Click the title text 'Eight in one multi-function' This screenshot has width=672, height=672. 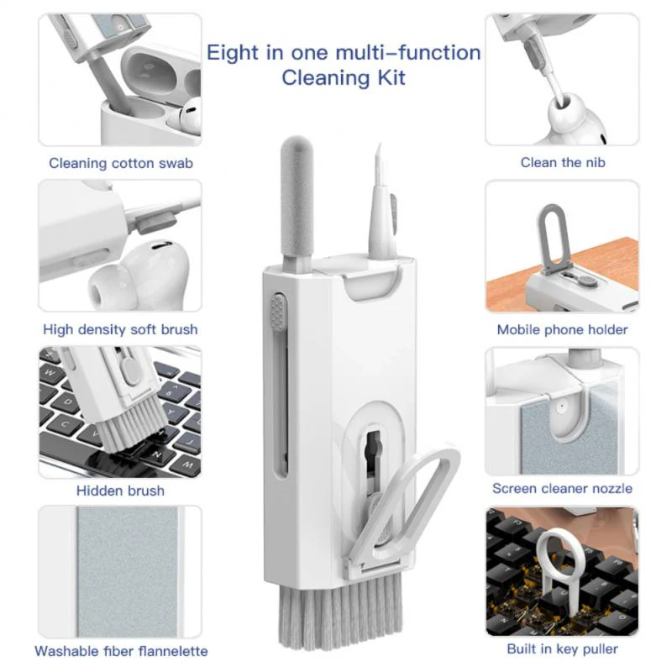click(x=344, y=53)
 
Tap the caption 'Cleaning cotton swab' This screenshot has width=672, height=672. click(x=120, y=163)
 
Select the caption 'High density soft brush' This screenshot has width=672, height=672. click(x=120, y=329)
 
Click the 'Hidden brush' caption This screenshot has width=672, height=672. click(x=120, y=491)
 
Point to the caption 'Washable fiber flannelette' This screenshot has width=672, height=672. click(x=120, y=651)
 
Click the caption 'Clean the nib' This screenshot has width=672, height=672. click(x=562, y=162)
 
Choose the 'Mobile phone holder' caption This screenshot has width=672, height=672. click(x=562, y=329)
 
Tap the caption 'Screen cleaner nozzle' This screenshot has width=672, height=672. click(x=562, y=488)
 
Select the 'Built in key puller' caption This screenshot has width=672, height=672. click(x=562, y=648)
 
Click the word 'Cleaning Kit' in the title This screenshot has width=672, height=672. click(x=344, y=78)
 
